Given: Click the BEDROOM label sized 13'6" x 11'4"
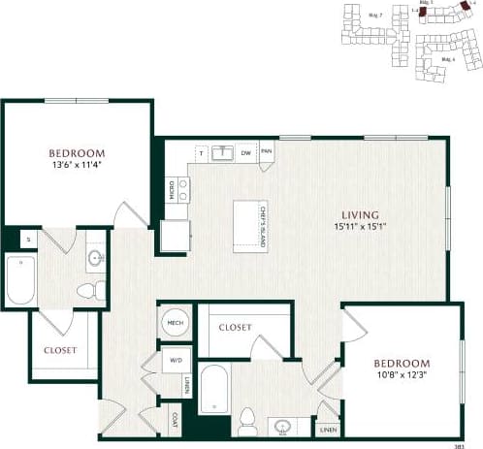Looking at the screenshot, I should [77, 153].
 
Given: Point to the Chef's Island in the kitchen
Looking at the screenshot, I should [250, 226].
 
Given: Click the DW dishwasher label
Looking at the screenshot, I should [246, 152].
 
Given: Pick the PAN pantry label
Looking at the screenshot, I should [266, 152].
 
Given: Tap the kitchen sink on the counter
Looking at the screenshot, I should [223, 152].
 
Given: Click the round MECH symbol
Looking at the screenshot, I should [176, 324].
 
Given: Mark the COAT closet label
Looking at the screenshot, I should [176, 419].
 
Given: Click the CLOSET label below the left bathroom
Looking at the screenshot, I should [60, 350].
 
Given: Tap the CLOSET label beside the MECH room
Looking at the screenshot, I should [235, 328].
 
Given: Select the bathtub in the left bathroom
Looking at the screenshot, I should [20, 279].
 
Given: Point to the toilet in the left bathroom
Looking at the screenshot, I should [86, 290].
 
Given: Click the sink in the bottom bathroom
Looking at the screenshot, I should [282, 426].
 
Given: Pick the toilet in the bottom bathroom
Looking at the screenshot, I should [248, 419].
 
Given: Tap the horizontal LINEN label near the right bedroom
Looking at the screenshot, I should [327, 429].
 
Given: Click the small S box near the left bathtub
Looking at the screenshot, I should [27, 239].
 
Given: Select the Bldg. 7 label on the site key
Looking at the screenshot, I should [375, 16].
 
